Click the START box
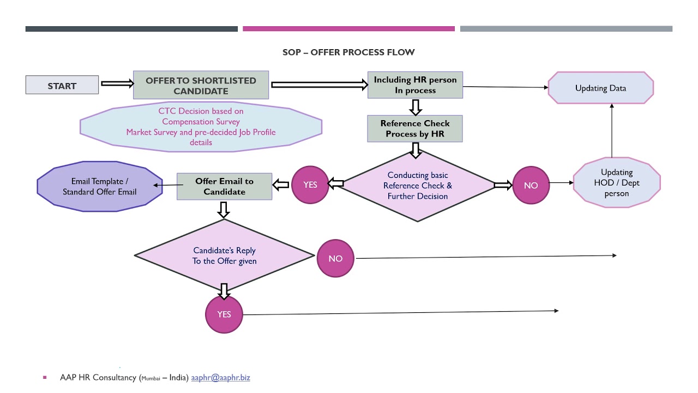(x=62, y=85)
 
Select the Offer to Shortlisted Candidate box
(x=201, y=85)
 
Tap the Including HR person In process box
(x=415, y=85)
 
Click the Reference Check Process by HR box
(x=415, y=129)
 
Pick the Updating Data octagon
(x=600, y=88)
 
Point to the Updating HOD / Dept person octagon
(x=617, y=183)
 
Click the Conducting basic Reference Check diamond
(x=417, y=185)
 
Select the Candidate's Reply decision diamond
(x=224, y=255)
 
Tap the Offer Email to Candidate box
(x=224, y=186)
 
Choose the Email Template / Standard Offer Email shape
(x=100, y=186)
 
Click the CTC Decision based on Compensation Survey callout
(x=201, y=127)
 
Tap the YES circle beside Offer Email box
(x=310, y=185)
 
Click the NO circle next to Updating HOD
(x=531, y=186)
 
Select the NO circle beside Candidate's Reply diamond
(x=335, y=258)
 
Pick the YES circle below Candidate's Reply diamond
(x=224, y=314)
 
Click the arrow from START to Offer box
(x=117, y=84)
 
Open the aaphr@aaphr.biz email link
(x=220, y=377)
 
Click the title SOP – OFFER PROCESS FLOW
(x=348, y=52)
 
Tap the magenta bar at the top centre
(x=348, y=29)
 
